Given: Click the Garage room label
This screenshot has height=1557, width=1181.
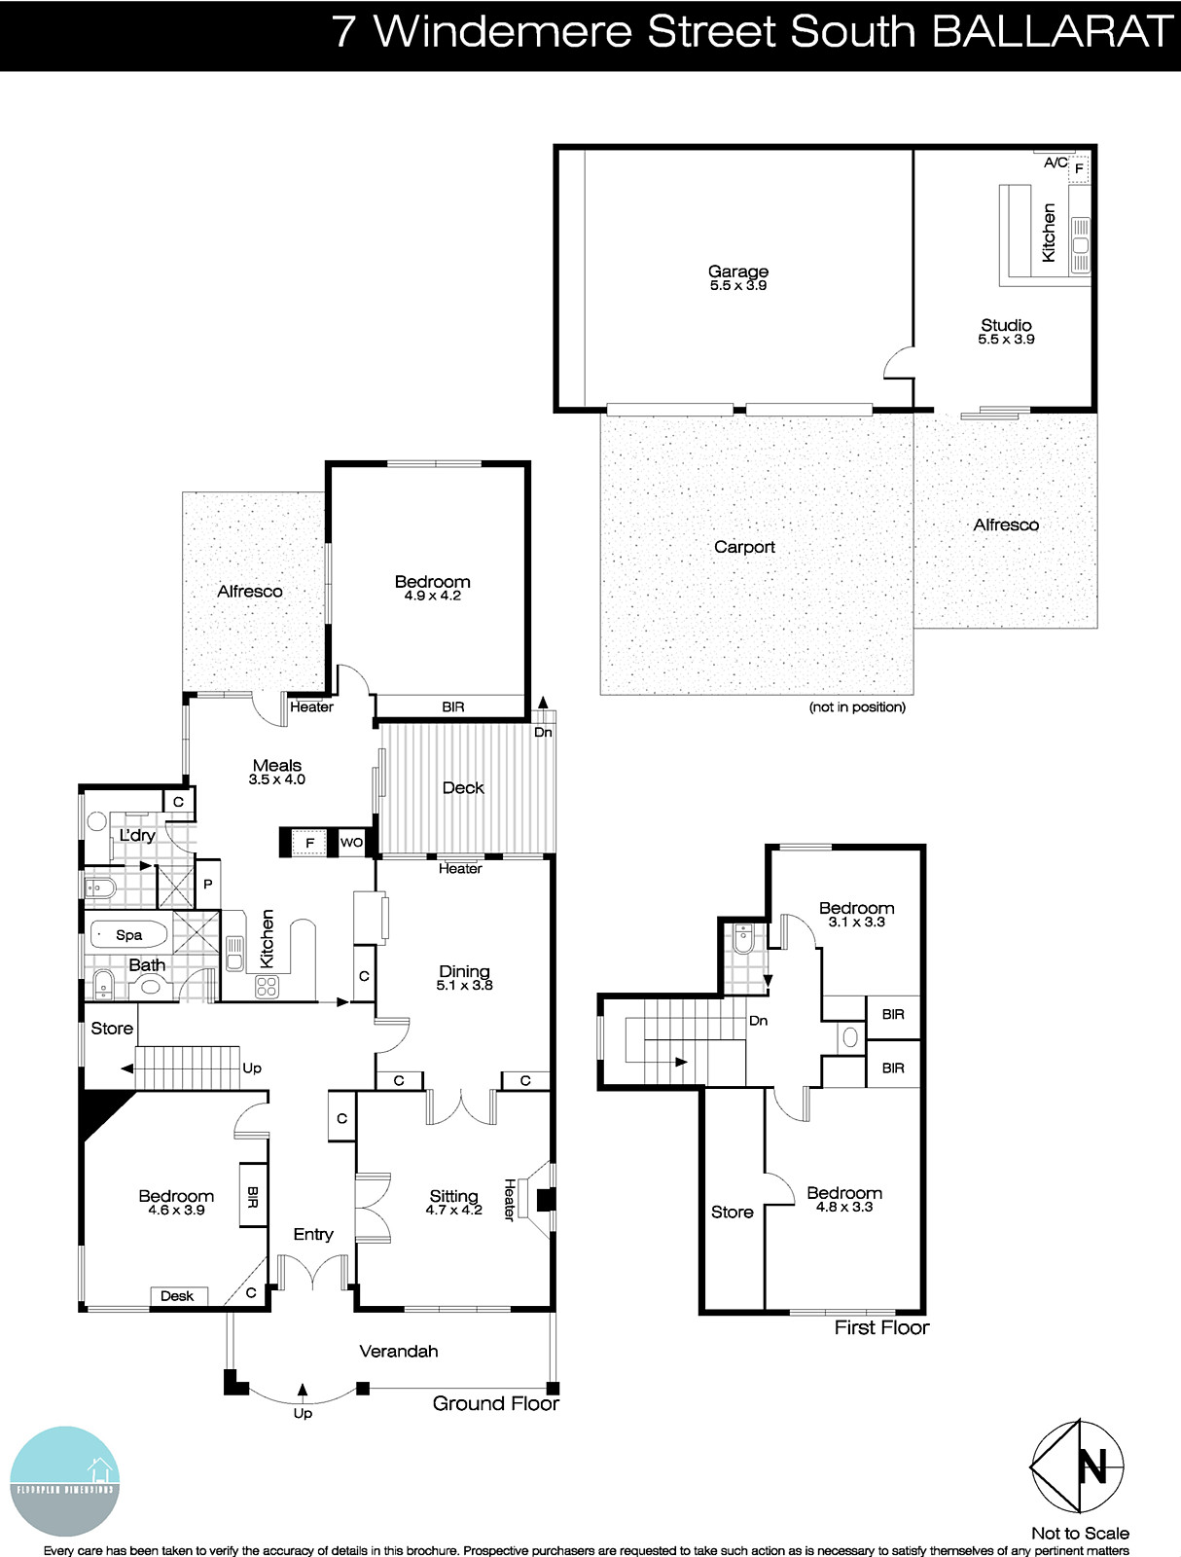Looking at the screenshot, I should [737, 272].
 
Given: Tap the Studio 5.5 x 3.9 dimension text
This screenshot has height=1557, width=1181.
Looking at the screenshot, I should [1006, 340].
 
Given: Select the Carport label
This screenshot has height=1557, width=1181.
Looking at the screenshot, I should [744, 547].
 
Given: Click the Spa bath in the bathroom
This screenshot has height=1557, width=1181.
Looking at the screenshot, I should [128, 935].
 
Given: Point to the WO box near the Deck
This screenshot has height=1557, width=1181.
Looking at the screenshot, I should [351, 843].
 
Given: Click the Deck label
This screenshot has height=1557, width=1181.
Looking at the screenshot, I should [463, 788].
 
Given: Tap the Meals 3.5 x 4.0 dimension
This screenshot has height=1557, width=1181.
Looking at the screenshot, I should [277, 779].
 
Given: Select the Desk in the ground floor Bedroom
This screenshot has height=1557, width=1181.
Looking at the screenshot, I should [177, 1296].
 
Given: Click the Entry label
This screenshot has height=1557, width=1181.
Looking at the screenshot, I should [313, 1234].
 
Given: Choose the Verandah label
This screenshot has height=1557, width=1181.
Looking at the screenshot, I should [399, 1351].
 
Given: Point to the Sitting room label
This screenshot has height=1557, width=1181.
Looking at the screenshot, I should [453, 1196].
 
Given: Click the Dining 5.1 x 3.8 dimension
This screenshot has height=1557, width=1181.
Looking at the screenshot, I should [464, 985].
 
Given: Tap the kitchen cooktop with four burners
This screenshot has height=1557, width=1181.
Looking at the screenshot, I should [267, 987].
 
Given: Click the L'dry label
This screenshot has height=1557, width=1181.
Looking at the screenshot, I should [137, 835].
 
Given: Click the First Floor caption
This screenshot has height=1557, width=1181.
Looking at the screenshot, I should [881, 1327].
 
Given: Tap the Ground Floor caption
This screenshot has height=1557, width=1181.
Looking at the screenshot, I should [495, 1403].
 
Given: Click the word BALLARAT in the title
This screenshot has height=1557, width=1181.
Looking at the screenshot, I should [1053, 32].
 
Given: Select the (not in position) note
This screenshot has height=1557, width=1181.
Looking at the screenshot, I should [857, 707].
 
